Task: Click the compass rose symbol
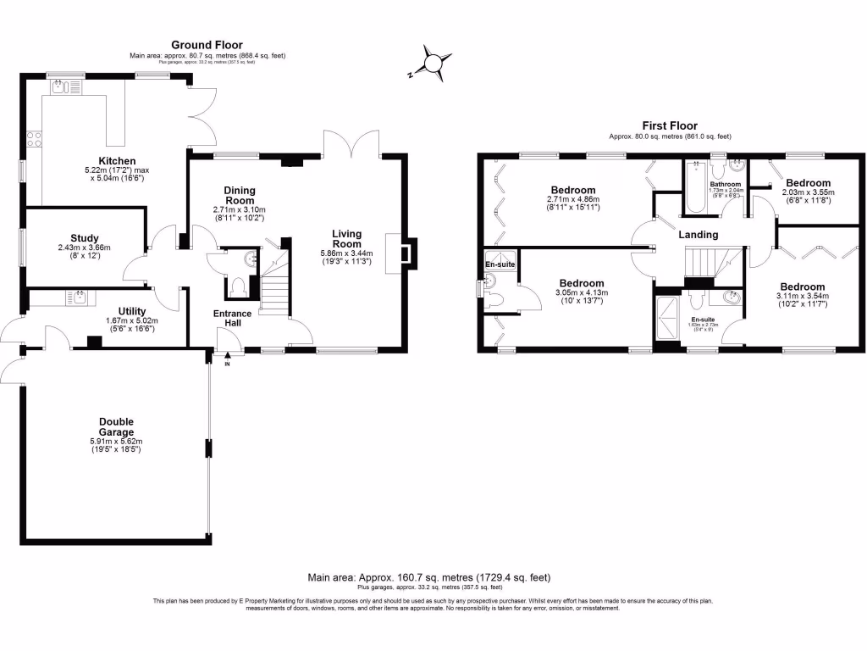click(433, 64)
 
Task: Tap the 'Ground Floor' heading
click(207, 45)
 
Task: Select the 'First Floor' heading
click(669, 125)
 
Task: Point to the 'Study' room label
click(85, 238)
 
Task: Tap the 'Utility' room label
click(112, 311)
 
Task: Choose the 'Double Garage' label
click(116, 421)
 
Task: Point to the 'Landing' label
click(699, 235)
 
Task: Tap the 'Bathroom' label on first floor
click(726, 184)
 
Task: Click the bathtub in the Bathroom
click(696, 187)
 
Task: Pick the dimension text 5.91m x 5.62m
click(116, 441)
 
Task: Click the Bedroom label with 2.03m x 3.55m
click(808, 182)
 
